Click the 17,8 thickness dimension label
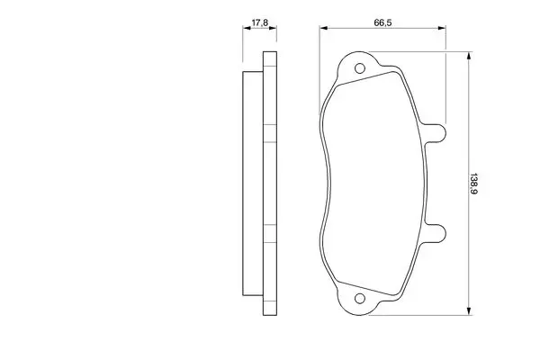[260, 23]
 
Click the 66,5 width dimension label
[382, 22]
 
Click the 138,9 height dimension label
[472, 183]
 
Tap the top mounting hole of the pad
[359, 68]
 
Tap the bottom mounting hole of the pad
[359, 298]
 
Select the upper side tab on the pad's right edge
[435, 132]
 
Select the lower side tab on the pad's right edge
[435, 233]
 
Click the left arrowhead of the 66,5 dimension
[324, 28]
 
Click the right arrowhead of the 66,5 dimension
[442, 28]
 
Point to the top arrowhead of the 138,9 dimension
[468, 56]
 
